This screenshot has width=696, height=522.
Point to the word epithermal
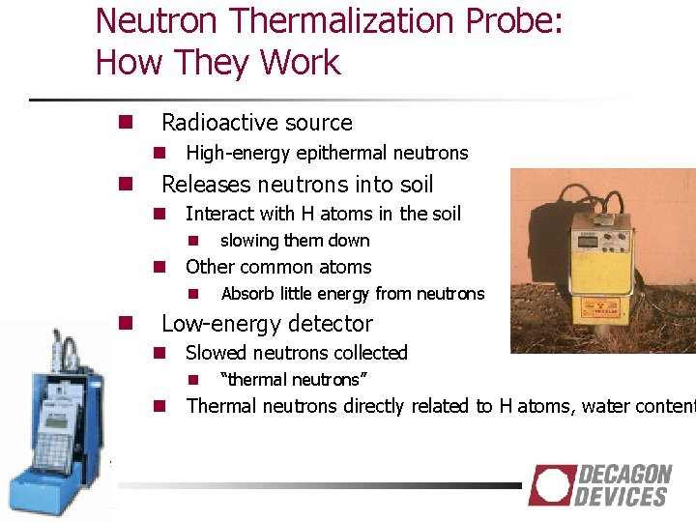tap(345, 153)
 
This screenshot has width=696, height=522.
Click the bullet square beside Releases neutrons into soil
tap(125, 184)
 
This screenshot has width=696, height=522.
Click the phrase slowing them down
tap(295, 241)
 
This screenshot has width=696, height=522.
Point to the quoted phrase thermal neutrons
tap(295, 380)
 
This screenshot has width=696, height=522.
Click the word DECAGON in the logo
tap(623, 475)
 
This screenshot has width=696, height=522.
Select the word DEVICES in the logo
tap(621, 497)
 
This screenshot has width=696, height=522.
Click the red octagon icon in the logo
tap(551, 485)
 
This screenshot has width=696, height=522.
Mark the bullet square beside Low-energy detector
tap(125, 323)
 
